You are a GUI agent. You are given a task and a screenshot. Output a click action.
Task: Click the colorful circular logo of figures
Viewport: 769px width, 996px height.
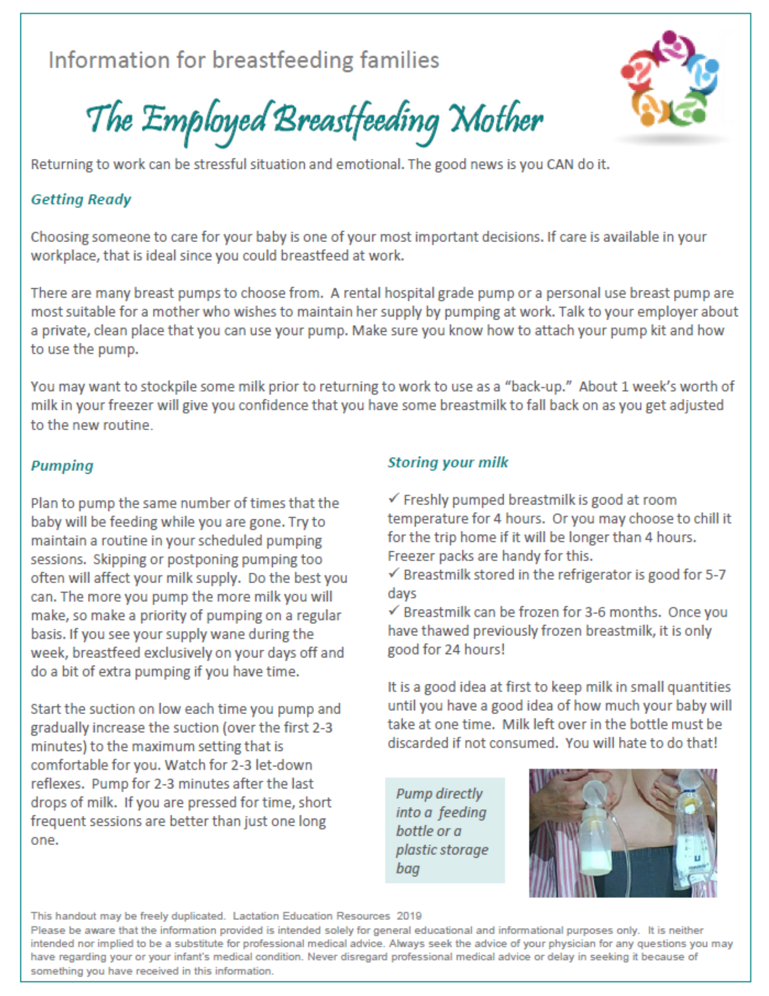point(670,80)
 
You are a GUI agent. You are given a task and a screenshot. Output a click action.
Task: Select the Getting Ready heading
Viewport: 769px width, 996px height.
point(81,199)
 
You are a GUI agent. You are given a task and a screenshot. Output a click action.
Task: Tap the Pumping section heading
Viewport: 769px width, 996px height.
point(62,466)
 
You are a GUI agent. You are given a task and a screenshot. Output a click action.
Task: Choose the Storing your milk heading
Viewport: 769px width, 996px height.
point(447,462)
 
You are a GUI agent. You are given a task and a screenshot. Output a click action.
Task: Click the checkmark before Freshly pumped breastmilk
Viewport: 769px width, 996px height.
point(393,498)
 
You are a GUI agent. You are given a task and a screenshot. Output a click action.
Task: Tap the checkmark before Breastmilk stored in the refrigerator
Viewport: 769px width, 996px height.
point(393,573)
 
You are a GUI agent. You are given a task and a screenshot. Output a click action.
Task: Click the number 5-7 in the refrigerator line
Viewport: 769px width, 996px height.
point(715,575)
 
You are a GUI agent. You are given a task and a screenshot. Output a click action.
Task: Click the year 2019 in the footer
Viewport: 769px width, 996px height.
point(409,915)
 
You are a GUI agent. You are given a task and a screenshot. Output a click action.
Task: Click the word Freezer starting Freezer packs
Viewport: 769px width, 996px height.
point(411,556)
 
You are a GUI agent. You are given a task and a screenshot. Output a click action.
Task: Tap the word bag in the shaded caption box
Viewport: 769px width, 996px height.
point(408,869)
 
